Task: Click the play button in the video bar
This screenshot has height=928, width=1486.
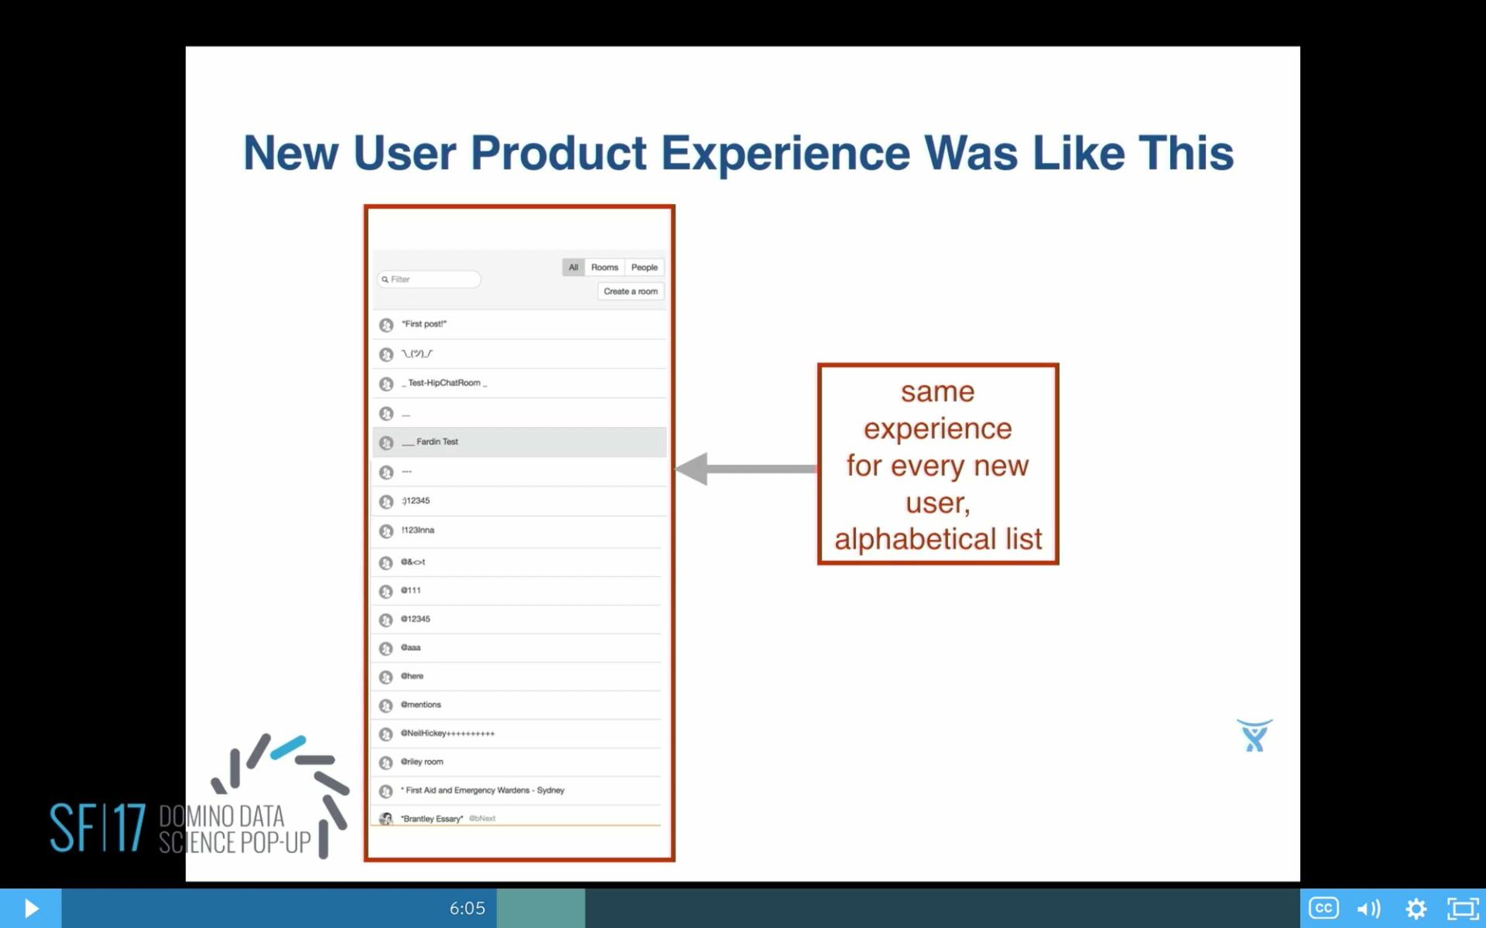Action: (31, 908)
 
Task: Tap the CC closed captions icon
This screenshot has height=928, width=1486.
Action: (1323, 908)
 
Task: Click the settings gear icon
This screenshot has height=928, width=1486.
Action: (1416, 908)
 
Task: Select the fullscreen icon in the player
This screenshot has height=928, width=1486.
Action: (1463, 908)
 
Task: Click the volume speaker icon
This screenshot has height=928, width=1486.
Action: (1368, 908)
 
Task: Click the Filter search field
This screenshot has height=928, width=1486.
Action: (430, 279)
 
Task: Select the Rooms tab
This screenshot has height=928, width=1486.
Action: (604, 268)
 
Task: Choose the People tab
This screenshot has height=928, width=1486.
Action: (644, 268)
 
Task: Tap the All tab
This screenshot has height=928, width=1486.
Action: (573, 268)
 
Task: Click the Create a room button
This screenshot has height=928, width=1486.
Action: (630, 292)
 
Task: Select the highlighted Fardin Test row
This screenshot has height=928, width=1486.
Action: (519, 442)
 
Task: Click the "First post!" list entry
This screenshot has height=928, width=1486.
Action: (424, 324)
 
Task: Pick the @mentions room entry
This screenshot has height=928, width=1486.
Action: (421, 705)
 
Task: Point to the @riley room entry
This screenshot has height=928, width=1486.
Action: (422, 762)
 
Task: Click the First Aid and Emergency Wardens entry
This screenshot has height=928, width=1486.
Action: (484, 790)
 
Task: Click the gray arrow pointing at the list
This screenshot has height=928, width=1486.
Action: (743, 469)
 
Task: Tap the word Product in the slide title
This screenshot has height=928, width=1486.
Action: (558, 152)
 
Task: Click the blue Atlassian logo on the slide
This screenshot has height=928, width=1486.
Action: (1254, 735)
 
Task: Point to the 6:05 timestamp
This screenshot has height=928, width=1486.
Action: (467, 908)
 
